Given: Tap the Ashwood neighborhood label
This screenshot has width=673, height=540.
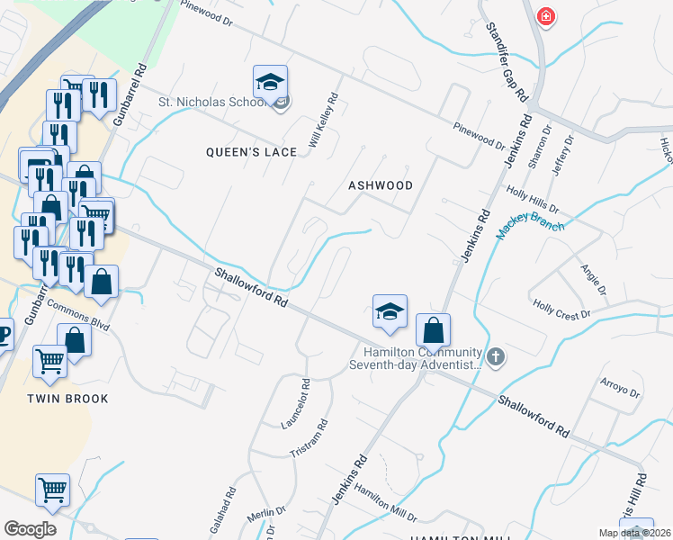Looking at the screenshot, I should (381, 185).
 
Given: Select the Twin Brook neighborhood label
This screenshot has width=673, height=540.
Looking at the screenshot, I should (67, 399).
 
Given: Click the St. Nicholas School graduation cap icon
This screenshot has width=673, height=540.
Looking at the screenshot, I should (270, 84).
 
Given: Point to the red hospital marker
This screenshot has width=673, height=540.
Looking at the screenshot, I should (545, 17).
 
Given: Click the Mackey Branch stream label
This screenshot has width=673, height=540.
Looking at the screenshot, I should (531, 229).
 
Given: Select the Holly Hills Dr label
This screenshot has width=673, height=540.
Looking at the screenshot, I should (533, 199).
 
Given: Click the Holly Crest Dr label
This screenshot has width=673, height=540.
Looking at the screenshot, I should (561, 310).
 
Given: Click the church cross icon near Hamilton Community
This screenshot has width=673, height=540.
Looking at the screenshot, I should (496, 357).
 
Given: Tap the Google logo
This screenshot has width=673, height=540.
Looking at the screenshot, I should (30, 528).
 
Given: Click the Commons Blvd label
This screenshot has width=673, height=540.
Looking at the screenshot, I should (77, 315).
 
